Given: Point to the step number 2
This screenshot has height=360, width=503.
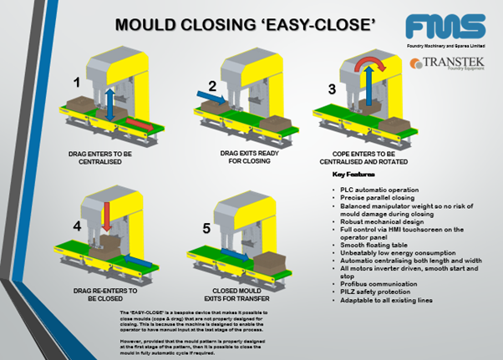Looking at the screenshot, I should coord(212,85).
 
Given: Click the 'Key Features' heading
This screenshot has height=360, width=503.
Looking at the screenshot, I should coord(350,175).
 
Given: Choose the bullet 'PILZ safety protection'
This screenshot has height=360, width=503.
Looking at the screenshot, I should coord(371,276).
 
